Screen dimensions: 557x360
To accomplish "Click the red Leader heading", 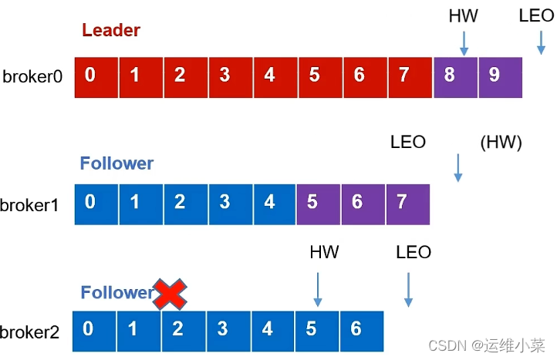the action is (x=111, y=31).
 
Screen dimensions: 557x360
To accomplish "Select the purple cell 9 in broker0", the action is (x=499, y=76).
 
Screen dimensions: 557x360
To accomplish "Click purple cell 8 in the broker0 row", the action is (x=455, y=76).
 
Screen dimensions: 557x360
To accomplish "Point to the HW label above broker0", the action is (x=464, y=15).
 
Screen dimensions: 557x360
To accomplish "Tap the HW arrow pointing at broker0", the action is (x=464, y=43).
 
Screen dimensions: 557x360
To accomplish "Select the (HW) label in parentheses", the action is (x=501, y=143).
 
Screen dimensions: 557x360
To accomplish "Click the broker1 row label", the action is (x=31, y=204).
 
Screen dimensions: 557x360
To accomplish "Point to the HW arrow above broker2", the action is (x=317, y=291).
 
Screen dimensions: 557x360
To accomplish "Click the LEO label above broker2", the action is (x=414, y=253).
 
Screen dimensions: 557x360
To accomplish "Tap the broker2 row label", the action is (x=31, y=332).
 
